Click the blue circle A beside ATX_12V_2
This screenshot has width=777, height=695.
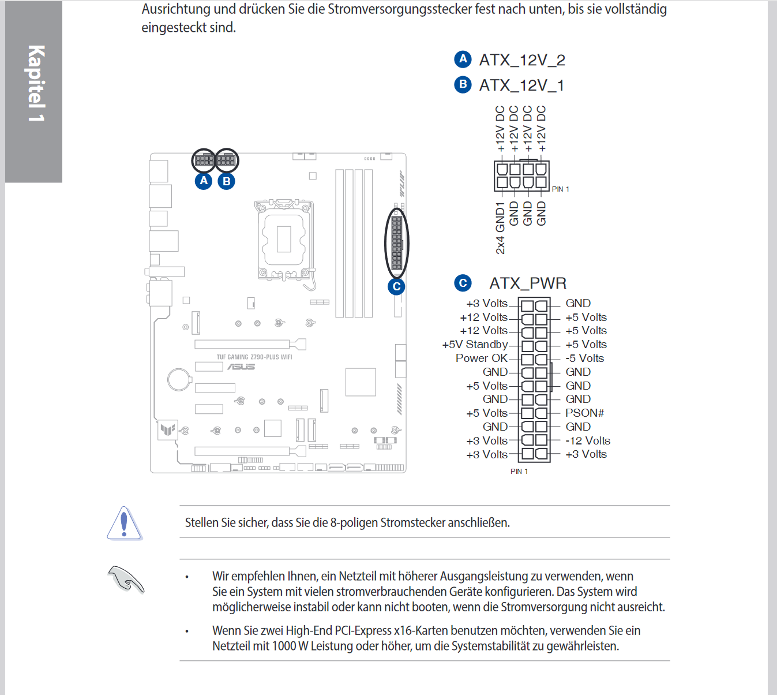pyautogui.click(x=463, y=59)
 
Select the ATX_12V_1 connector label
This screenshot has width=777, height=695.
pyautogui.click(x=521, y=85)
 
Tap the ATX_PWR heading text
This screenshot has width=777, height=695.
pyautogui.click(x=528, y=283)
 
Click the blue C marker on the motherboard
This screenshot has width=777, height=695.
pyautogui.click(x=396, y=286)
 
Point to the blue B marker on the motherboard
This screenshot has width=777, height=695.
pyautogui.click(x=227, y=181)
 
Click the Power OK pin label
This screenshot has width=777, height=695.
pyautogui.click(x=481, y=358)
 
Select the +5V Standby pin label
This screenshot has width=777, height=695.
pyautogui.click(x=475, y=345)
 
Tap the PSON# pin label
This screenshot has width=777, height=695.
pyautogui.click(x=584, y=413)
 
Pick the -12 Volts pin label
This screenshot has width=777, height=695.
pyautogui.click(x=587, y=440)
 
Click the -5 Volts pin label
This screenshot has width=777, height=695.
pyautogui.click(x=584, y=358)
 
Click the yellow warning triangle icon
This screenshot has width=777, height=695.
pyautogui.click(x=124, y=524)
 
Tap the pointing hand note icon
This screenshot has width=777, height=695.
pyautogui.click(x=126, y=579)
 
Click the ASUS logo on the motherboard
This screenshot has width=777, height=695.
pyautogui.click(x=241, y=367)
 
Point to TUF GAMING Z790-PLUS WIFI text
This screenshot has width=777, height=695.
pyautogui.click(x=254, y=357)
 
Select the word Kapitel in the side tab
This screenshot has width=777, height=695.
pyautogui.click(x=36, y=75)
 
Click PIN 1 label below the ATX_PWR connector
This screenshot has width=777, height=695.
pyautogui.click(x=519, y=472)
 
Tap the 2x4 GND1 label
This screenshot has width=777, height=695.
pyautogui.click(x=500, y=228)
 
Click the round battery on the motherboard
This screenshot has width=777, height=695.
pyautogui.click(x=179, y=379)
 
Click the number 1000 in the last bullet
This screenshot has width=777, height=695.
pyautogui.click(x=284, y=646)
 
